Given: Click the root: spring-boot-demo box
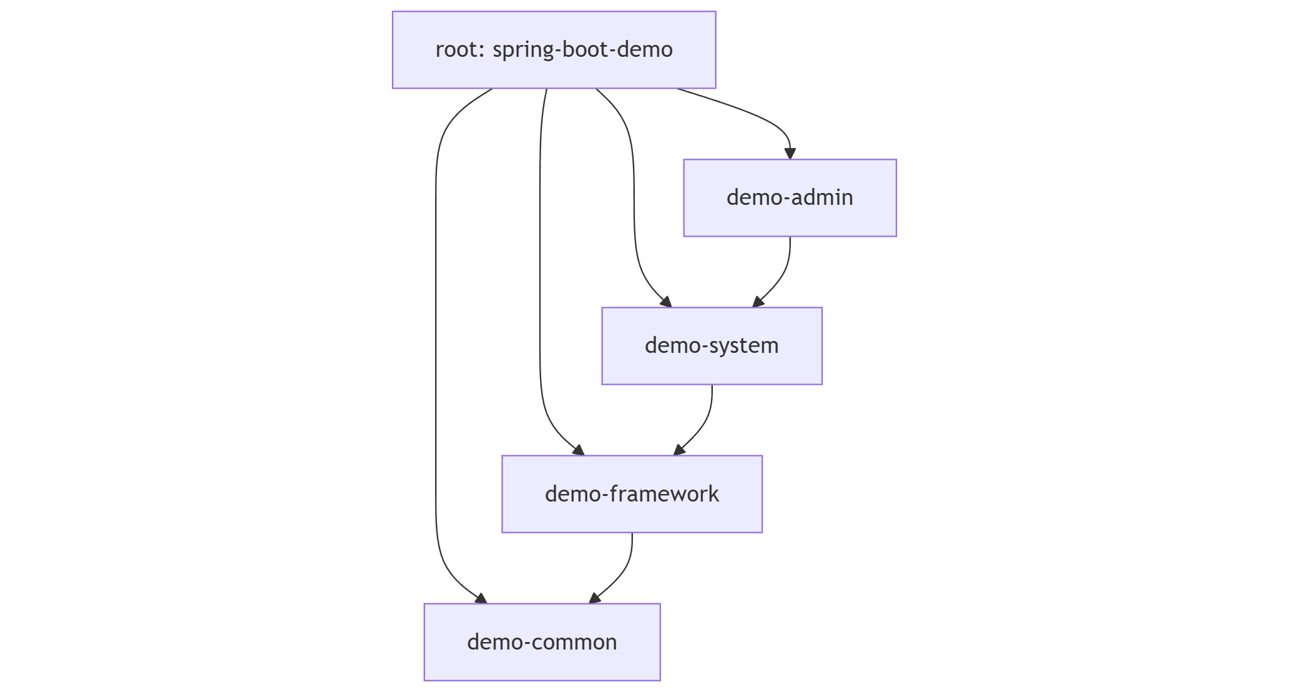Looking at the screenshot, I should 554,50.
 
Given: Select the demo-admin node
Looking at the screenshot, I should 790,198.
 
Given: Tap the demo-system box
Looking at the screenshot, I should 712,346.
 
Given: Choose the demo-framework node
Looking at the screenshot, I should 632,494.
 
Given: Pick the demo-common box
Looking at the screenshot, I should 542,642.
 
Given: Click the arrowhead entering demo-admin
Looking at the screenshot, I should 790,153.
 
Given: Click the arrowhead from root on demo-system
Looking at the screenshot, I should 667,302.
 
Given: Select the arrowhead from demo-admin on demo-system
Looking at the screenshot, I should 758,302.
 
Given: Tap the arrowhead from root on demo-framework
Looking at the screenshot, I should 579,450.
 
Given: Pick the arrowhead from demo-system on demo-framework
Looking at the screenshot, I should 679,450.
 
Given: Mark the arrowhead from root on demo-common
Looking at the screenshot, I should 481,598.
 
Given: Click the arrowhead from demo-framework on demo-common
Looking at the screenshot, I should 594,598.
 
